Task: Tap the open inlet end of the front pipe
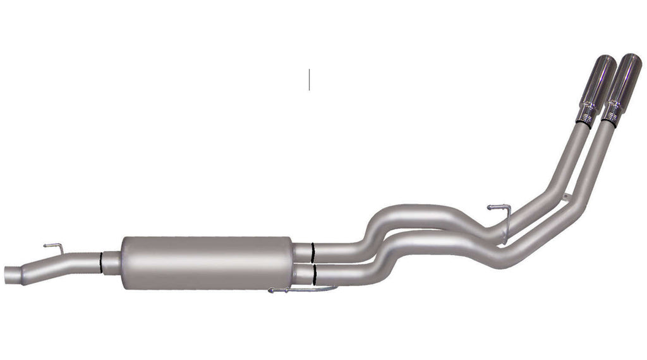coord(9,273)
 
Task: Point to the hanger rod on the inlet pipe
coord(52,247)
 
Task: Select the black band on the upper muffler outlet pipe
coord(311,252)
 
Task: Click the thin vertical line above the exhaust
coord(309,79)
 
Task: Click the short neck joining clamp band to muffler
coord(111,261)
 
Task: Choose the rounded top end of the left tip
coord(605,61)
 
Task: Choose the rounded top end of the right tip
coord(631,61)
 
